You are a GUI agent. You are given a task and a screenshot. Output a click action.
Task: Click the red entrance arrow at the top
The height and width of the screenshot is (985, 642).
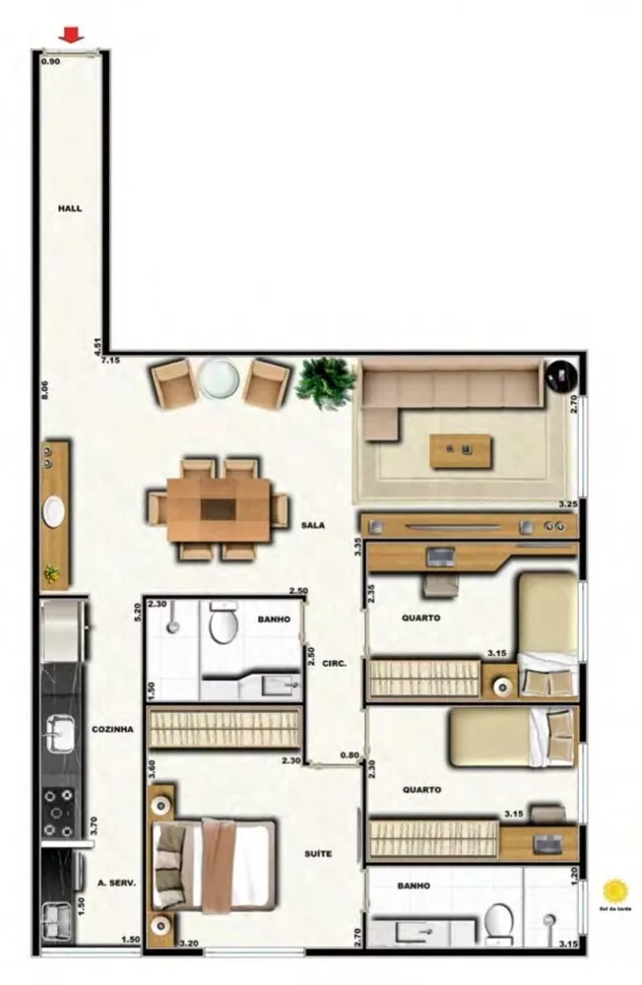tap(70, 36)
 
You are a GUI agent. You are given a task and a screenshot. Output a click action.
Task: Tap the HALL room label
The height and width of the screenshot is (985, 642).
tap(69, 209)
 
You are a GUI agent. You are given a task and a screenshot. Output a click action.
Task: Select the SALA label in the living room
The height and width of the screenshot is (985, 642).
tap(313, 526)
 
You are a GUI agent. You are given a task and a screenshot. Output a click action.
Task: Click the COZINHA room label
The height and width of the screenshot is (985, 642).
tap(112, 730)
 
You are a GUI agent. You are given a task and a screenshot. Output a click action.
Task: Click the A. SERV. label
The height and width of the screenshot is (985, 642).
tap(116, 884)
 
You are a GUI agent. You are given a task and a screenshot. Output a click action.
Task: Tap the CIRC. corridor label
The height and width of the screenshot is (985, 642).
tap(334, 664)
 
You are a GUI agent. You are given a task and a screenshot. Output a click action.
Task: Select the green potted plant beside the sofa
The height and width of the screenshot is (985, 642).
tap(325, 379)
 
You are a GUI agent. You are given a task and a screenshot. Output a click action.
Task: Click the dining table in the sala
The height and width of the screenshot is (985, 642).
tap(218, 509)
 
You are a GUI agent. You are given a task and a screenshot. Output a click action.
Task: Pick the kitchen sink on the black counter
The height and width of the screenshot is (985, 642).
tap(58, 734)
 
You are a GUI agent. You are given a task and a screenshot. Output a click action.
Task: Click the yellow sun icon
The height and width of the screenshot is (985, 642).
tap(615, 891)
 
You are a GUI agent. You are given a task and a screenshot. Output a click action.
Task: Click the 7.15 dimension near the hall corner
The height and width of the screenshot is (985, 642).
tap(109, 361)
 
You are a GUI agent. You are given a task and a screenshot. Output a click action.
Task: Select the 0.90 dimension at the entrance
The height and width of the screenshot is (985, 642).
tap(50, 61)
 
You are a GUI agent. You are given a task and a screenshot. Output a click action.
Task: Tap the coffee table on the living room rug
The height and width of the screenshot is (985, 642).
tap(463, 450)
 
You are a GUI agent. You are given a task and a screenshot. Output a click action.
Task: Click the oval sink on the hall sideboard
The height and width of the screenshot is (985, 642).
tap(54, 511)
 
